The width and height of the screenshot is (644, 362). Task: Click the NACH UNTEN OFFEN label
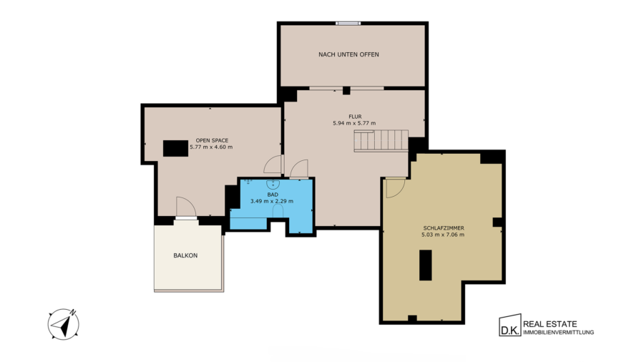[x=348, y=54]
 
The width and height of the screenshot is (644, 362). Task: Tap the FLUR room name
[x=355, y=117]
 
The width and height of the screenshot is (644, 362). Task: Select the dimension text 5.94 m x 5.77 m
[x=354, y=123]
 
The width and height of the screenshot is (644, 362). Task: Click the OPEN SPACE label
[x=212, y=140]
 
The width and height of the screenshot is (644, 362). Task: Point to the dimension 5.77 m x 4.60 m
[x=211, y=147]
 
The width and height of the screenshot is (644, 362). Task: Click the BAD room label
[x=273, y=195]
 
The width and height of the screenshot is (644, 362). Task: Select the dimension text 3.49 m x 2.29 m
[x=272, y=201]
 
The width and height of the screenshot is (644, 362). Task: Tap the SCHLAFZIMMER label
[x=444, y=228]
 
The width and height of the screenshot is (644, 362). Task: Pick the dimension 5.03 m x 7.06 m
[x=443, y=235]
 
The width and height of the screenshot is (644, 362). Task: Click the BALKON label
[x=185, y=255]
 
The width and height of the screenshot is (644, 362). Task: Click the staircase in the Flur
[x=381, y=141]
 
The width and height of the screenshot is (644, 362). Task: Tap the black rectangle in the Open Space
[x=175, y=148]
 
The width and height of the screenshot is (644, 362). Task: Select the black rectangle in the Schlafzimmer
[x=426, y=265]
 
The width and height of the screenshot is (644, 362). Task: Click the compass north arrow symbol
[x=64, y=324]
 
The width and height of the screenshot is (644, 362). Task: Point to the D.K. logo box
[x=509, y=326]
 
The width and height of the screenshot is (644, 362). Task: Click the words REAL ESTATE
[x=550, y=324]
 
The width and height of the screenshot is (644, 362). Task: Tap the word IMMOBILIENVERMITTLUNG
[x=559, y=333]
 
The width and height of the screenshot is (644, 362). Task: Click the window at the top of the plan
[x=348, y=24]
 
